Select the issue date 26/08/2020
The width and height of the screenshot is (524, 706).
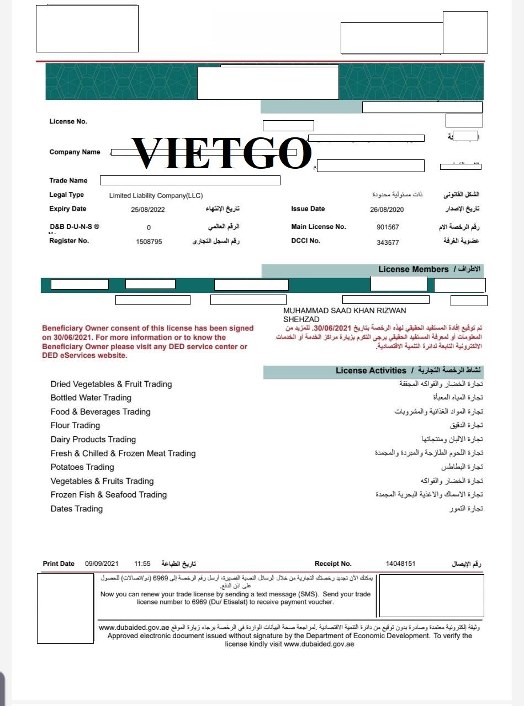coord(387,210)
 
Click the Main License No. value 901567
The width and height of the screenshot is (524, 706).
coord(388,227)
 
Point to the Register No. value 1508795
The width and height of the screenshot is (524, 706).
coord(149,242)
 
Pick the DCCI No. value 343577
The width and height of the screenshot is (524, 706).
coord(388,242)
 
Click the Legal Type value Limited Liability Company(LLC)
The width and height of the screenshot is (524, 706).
coord(156,196)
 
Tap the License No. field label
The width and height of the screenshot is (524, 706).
coord(68,122)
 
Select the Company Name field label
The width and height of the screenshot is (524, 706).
coord(75,152)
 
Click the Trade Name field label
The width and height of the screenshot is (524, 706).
coord(68,180)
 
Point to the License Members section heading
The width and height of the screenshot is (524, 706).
coord(413,269)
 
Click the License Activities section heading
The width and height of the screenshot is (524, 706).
coord(370,371)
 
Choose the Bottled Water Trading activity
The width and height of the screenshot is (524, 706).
coord(91,398)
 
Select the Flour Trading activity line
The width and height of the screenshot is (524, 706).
coord(75,425)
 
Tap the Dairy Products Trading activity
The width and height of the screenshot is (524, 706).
coord(93,440)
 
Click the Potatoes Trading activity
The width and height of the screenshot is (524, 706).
coord(82,467)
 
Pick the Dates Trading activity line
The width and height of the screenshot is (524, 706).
coord(77,509)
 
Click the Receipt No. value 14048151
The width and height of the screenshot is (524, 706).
coord(400,564)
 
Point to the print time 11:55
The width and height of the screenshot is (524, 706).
coord(142,564)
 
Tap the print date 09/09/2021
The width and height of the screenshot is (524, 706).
coord(102,564)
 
